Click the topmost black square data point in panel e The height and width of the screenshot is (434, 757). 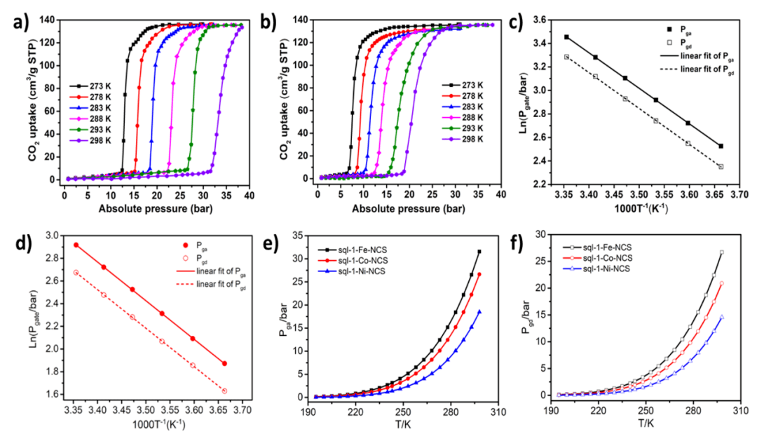pyautogui.click(x=480, y=252)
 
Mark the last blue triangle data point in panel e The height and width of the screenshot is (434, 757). pyautogui.click(x=480, y=312)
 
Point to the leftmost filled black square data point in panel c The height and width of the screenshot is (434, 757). pyautogui.click(x=566, y=37)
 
